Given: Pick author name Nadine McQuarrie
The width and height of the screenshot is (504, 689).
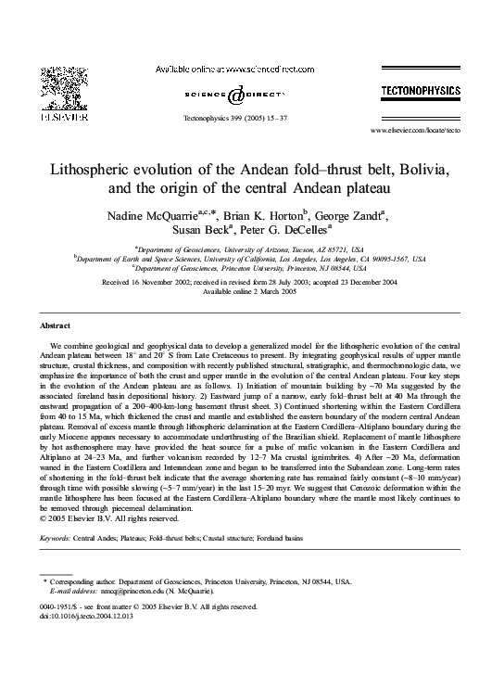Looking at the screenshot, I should pyautogui.click(x=147, y=215).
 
